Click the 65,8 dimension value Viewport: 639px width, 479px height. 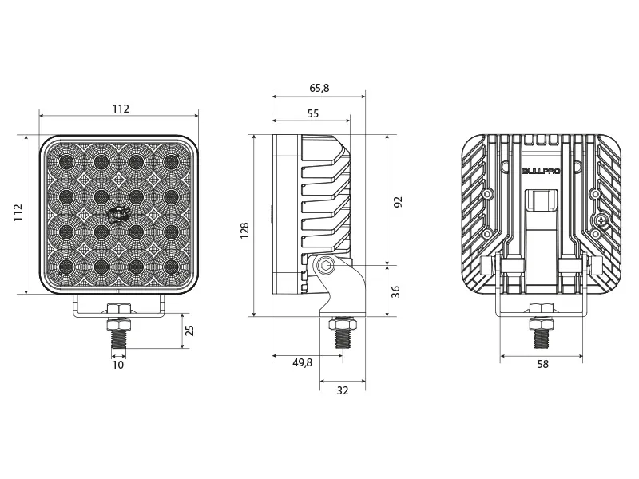click(x=319, y=87)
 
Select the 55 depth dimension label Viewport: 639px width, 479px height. click(x=312, y=114)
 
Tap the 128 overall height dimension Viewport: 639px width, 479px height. click(x=245, y=229)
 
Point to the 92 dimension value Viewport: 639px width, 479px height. click(x=397, y=202)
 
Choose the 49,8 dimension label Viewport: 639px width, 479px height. click(x=302, y=363)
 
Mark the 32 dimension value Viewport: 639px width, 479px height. click(x=343, y=390)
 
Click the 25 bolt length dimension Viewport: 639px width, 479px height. click(x=189, y=331)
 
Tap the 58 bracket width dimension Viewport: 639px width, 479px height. click(x=542, y=364)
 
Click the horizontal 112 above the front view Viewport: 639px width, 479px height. click(x=120, y=109)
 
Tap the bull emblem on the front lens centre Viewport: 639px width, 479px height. click(x=118, y=213)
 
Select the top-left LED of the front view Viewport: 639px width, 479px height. click(x=66, y=162)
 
